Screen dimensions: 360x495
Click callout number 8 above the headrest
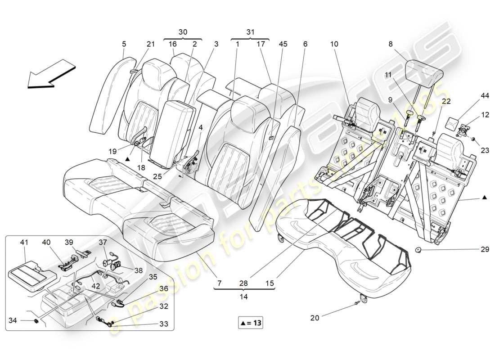[390, 44]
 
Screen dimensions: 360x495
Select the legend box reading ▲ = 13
[250, 323]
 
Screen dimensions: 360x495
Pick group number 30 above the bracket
[183, 32]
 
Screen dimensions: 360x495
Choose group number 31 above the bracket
[250, 32]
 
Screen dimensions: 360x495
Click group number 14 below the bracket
[243, 297]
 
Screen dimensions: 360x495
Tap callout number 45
[283, 44]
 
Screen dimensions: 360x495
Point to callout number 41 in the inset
[23, 242]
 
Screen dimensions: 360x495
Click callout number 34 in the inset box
[13, 320]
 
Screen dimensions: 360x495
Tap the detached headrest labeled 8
[424, 70]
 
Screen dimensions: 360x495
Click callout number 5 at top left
[124, 44]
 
